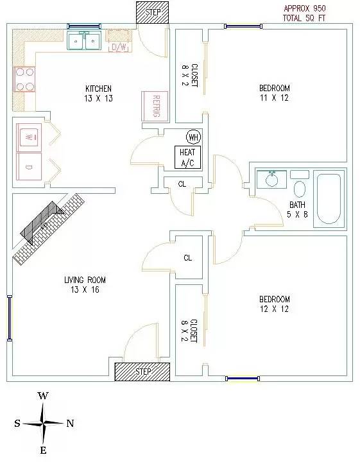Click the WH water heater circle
[x=192, y=137]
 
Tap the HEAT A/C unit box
[x=187, y=157]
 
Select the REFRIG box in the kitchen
[x=155, y=105]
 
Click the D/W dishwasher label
[x=119, y=47]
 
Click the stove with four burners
[x=24, y=79]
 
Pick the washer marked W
[x=29, y=137]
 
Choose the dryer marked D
[x=29, y=167]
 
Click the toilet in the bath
[x=300, y=189]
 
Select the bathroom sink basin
[x=272, y=180]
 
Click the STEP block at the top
[x=153, y=12]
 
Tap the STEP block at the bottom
[x=142, y=371]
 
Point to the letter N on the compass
[x=70, y=423]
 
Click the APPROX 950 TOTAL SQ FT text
[x=304, y=13]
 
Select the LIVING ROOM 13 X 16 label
[x=85, y=285]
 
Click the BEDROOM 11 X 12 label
[x=275, y=93]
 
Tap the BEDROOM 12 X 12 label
[x=275, y=304]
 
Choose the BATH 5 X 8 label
[x=298, y=210]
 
